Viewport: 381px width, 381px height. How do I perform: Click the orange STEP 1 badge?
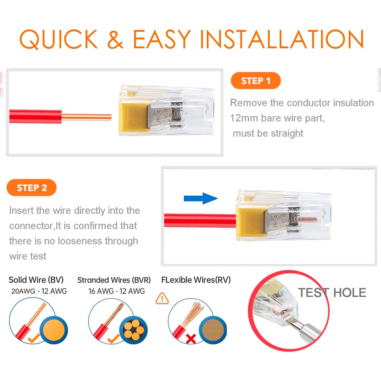[255, 81]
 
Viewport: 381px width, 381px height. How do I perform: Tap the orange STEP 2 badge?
[32, 188]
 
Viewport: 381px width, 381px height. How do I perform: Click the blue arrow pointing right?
[201, 198]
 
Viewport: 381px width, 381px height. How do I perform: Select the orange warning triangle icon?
[162, 298]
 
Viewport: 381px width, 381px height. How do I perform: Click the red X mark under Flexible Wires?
[191, 339]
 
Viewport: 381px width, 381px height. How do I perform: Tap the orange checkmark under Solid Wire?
[34, 338]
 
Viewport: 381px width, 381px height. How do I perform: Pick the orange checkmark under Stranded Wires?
[113, 339]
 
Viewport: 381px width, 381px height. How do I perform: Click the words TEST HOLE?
[332, 293]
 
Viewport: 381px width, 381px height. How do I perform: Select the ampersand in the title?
[115, 39]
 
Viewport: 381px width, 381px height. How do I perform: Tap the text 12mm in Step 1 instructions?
[244, 118]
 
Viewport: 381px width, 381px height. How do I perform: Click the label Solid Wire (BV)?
[36, 280]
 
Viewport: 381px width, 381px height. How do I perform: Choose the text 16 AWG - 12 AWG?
[117, 291]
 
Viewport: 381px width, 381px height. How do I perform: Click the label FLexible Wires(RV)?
[196, 280]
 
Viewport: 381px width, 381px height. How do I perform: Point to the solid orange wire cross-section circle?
[54, 330]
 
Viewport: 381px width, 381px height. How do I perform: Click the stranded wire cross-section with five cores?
[134, 330]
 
